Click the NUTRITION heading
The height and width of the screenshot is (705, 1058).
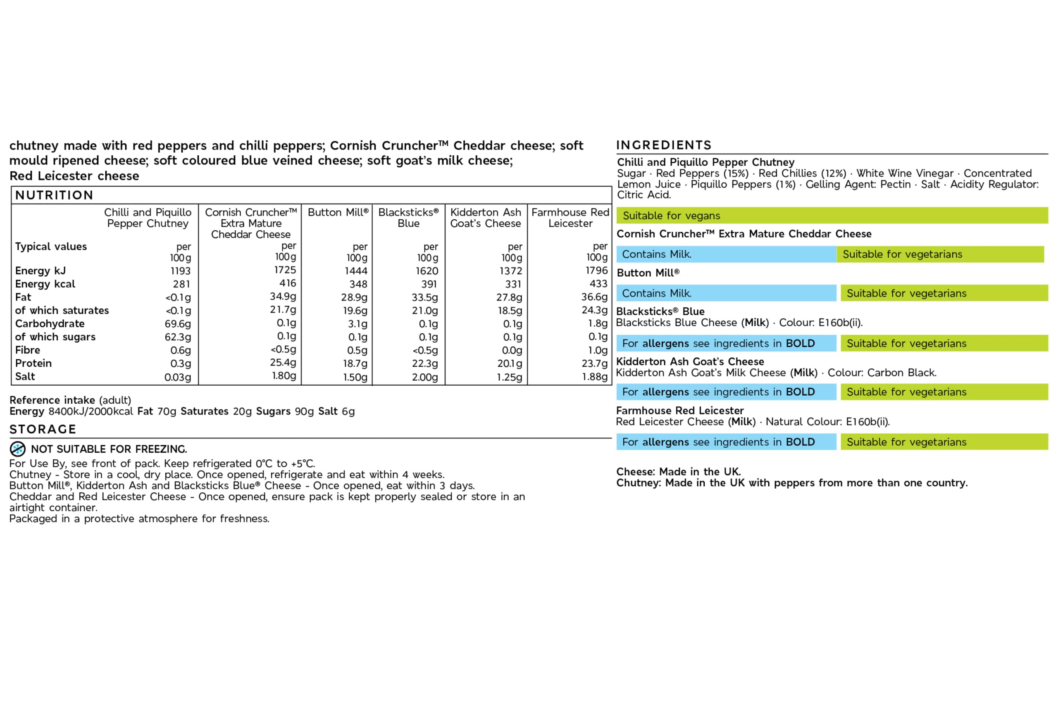coord(54,195)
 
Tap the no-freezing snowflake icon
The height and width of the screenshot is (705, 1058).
coord(17,449)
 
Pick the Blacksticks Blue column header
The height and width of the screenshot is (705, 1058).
coord(408,218)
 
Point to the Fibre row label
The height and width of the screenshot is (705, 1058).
coord(27,350)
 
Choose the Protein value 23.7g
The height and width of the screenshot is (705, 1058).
coord(594,363)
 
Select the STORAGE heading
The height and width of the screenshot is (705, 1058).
coord(43,430)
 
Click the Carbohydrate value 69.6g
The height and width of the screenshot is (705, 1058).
coord(178,324)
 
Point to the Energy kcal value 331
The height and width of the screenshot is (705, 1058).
coord(513,284)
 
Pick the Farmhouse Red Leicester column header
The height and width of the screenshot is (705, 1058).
coord(570,218)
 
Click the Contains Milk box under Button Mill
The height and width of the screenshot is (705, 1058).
coord(726,293)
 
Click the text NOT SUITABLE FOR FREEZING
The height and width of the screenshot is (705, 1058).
coord(109,449)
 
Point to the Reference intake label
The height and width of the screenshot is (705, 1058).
coord(52,400)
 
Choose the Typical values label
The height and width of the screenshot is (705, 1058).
coord(51,247)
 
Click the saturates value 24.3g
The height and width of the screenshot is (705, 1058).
coord(594,310)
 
